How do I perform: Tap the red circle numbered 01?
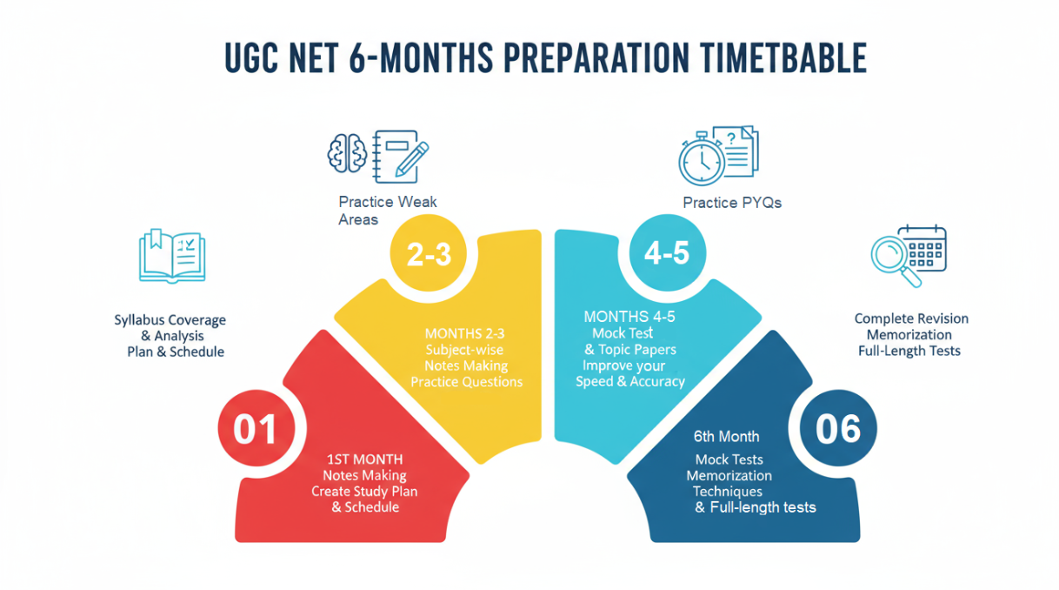(255, 430)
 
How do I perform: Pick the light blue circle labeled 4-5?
(666, 252)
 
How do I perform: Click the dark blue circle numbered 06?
(838, 429)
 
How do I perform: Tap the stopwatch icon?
(701, 160)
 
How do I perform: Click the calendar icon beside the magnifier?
(924, 246)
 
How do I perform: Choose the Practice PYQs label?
(732, 203)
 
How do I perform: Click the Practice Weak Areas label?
(388, 211)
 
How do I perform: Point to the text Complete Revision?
(911, 318)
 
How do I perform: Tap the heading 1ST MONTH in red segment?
(364, 459)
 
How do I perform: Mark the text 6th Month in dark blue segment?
(727, 437)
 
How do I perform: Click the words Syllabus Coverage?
(170, 320)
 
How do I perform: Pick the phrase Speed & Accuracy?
(630, 381)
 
